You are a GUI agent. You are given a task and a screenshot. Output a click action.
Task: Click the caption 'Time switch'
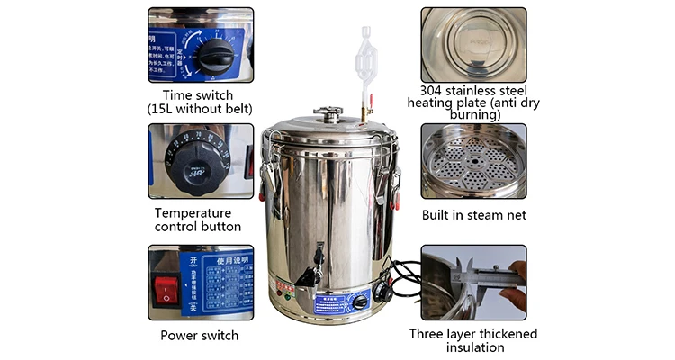tap(198, 94)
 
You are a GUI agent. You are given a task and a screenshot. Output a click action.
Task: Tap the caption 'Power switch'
tap(199, 335)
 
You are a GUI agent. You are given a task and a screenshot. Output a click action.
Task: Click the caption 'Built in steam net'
tap(474, 215)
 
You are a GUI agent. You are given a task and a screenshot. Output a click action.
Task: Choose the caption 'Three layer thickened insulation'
tap(472, 341)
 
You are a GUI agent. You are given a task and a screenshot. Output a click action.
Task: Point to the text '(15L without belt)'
tap(200, 109)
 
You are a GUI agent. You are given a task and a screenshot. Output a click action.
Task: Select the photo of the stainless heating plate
tap(473, 43)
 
